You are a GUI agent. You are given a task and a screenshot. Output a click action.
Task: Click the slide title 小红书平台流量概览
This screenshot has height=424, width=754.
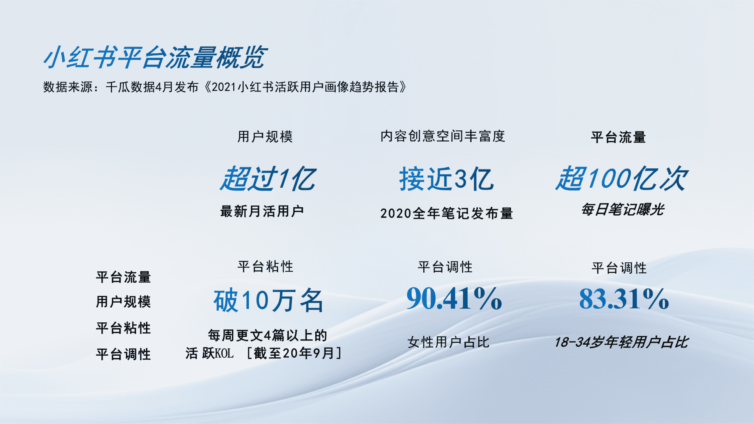coord(156,57)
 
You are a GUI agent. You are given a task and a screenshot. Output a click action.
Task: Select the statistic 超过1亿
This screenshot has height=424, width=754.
coord(268,179)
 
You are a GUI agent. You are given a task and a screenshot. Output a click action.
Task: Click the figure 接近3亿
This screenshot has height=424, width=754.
coord(447,179)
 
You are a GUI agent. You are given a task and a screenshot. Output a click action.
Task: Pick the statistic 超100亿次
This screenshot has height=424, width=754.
coord(621,179)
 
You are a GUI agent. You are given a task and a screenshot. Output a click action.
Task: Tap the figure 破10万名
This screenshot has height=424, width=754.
coord(269,300)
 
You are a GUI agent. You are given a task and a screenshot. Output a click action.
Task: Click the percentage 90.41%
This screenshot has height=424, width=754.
coord(454,298)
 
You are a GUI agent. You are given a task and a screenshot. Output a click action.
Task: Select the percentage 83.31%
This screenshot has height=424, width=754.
coord(624,298)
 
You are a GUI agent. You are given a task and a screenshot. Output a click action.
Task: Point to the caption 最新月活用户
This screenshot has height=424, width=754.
coord(262,211)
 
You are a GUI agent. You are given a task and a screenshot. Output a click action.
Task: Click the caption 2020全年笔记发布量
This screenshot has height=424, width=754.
coord(447,213)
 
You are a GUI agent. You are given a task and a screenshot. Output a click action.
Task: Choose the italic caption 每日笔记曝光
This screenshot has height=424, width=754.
coord(622,209)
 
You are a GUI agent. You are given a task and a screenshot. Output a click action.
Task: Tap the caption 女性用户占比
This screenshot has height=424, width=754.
coord(448,342)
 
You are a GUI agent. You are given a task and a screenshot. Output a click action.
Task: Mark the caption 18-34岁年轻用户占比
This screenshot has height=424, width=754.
coord(621,342)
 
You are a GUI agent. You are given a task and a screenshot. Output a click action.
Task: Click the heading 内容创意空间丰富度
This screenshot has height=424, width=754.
coord(443,136)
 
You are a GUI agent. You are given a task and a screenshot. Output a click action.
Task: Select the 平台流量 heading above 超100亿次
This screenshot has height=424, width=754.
coord(619,137)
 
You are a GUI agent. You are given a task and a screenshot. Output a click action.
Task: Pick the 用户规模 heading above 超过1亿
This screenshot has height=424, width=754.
coord(265,137)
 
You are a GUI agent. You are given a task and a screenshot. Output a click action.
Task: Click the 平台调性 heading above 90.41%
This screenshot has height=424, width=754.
coord(445,267)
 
